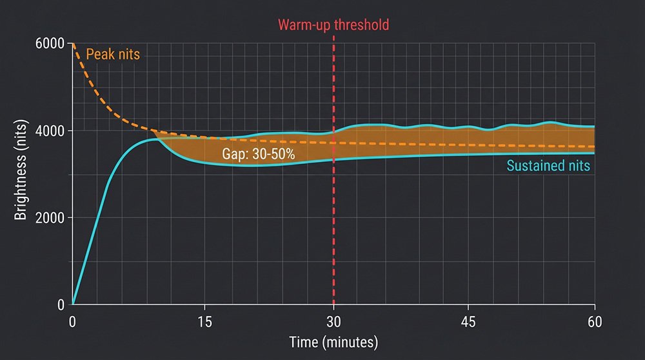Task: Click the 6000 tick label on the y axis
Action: tap(51, 44)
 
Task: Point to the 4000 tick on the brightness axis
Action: tap(51, 131)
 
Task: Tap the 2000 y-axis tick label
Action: tap(51, 218)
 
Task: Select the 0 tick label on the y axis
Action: tap(60, 305)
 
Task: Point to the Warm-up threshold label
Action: tap(333, 26)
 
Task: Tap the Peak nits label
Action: tap(112, 55)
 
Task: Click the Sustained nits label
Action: tap(548, 166)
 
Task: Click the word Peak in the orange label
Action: tap(99, 55)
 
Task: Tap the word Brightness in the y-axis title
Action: tap(21, 187)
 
